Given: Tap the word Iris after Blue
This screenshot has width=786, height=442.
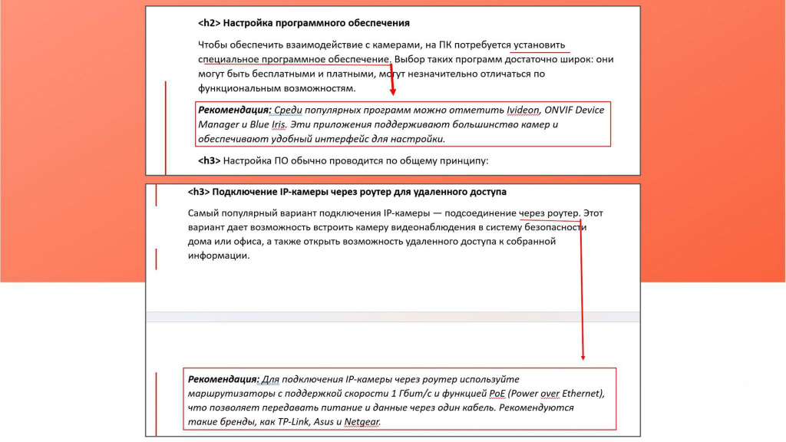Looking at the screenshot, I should (x=278, y=124).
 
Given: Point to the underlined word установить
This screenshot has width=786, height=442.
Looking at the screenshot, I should (x=540, y=45).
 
